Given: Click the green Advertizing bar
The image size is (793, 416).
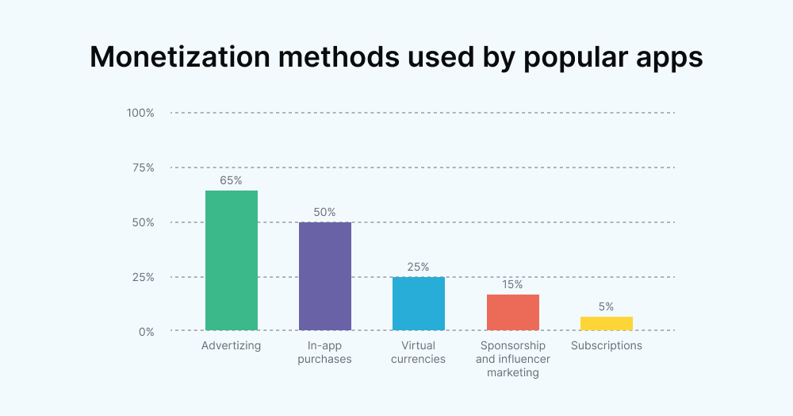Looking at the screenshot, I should pos(231,260).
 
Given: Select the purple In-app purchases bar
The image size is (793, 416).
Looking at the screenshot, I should pos(324,276).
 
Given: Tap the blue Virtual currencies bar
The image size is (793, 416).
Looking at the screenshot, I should pos(418,303).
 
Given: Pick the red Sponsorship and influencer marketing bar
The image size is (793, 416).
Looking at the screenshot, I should pos(512,312).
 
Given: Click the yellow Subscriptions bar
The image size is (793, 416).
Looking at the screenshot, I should pos(606,323).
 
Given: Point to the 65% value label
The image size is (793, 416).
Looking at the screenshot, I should pos(231,180).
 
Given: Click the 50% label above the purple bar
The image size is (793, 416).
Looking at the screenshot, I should pos(324,212).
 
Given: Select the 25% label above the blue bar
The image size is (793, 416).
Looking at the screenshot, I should pos(418,267).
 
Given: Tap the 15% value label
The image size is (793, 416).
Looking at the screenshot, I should pos(512,284).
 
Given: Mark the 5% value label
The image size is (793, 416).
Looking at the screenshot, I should pos(606,306).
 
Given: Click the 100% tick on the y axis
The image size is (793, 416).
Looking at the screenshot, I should pos(140,113).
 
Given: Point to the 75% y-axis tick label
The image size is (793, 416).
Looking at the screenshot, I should pos(143,168).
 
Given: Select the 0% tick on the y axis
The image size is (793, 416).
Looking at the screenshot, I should pos(146,332).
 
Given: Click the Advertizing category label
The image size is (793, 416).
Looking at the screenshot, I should pos(231,346).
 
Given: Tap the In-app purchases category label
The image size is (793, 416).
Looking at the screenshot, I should pos(324,352).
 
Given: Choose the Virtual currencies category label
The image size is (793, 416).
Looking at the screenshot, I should pos(418,352).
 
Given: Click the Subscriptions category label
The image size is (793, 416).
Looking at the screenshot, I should pos(606,346).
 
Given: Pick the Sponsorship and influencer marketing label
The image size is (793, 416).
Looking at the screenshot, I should pos(512,359).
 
